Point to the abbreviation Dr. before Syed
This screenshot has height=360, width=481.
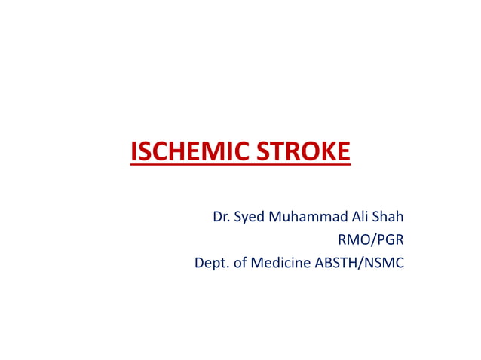221,217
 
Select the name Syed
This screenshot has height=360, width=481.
250,218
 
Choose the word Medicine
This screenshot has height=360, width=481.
280,264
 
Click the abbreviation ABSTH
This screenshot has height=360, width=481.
335,264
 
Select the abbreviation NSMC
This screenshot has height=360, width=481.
384,264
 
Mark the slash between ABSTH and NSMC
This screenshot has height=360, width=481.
361,264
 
